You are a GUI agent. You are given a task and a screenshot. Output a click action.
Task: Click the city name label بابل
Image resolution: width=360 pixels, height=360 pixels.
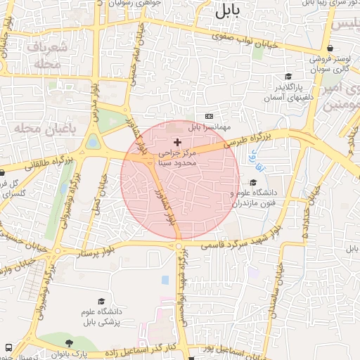(228, 10)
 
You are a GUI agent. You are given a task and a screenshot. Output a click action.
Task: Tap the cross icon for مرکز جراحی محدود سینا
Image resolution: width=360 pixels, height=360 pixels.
(177, 142)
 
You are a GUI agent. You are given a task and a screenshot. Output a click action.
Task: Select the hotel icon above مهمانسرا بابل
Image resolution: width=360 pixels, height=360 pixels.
(209, 116)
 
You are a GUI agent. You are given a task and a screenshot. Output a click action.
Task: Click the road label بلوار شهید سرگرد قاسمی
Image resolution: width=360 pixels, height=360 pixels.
(241, 242)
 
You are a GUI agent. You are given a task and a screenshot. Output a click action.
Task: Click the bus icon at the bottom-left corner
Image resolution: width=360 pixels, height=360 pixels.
(8, 347)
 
